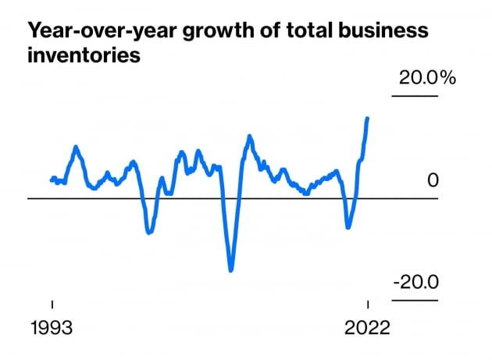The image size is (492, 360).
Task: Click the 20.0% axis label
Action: tap(426, 78)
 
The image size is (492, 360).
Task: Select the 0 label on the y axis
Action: tap(433, 180)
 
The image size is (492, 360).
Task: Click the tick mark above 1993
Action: tap(52, 305)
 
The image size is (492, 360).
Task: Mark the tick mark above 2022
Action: tap(368, 305)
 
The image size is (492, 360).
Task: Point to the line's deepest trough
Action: tap(231, 270)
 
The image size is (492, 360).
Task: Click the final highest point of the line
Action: tap(368, 118)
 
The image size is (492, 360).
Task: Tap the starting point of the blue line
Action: tap(52, 180)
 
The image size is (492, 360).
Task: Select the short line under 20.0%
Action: tap(415, 96)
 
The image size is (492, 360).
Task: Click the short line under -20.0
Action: tap(415, 300)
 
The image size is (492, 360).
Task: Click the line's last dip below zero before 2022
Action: tap(348, 227)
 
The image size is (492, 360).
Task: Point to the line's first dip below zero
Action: tap(148, 232)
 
